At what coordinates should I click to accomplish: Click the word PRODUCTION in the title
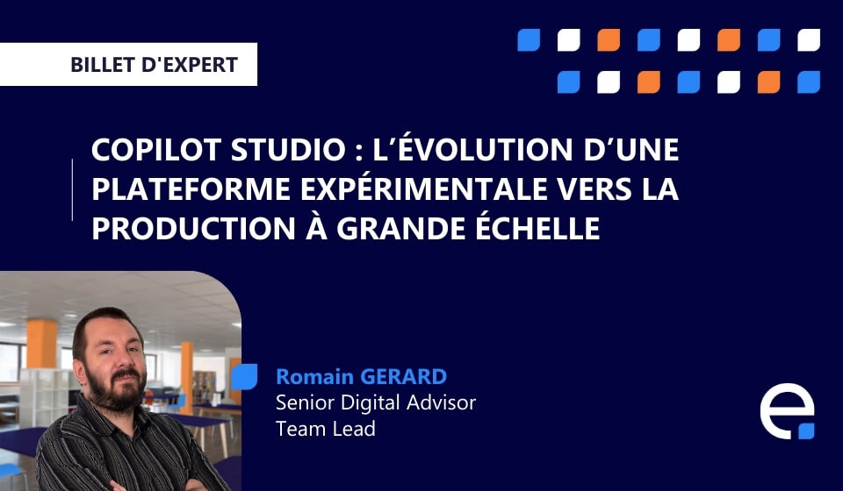click(x=185, y=227)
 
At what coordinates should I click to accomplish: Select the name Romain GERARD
click(x=361, y=377)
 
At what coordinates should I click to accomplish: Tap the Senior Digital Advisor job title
click(x=376, y=402)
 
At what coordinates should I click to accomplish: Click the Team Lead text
click(x=325, y=428)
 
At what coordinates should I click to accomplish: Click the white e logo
click(x=786, y=411)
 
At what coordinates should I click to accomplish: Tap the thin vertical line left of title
click(x=72, y=189)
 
